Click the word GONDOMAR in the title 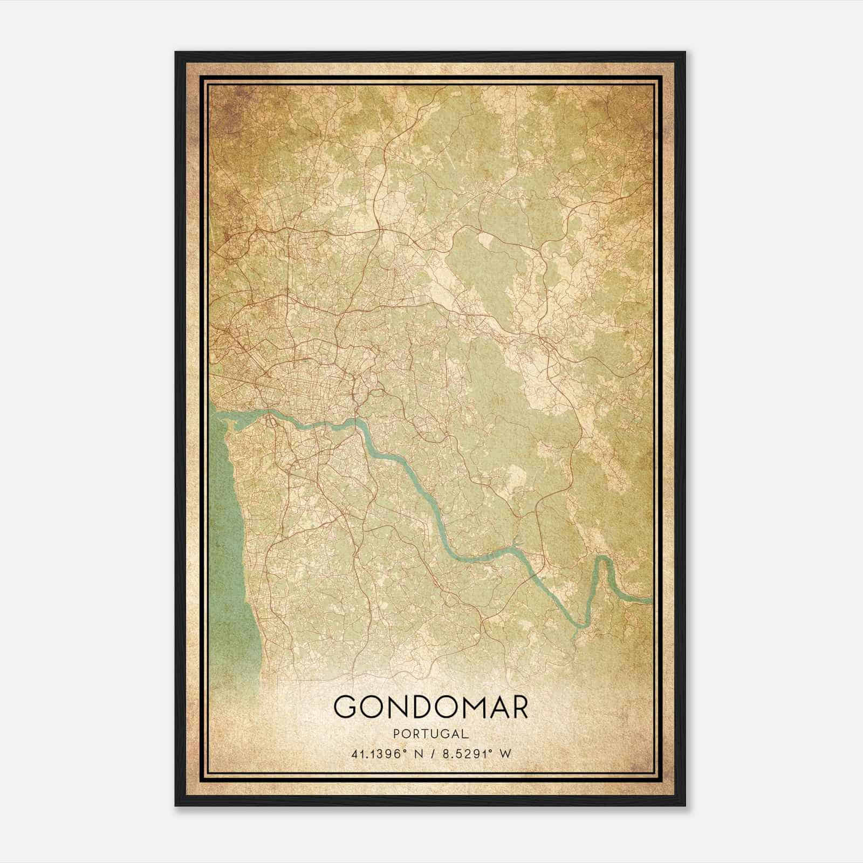(x=430, y=707)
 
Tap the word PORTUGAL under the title (x=430, y=734)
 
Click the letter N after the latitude (x=416, y=754)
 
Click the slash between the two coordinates (x=431, y=754)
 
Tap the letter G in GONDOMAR (x=346, y=707)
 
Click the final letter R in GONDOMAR (x=518, y=707)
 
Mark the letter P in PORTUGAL (x=398, y=734)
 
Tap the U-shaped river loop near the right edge (x=604, y=561)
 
